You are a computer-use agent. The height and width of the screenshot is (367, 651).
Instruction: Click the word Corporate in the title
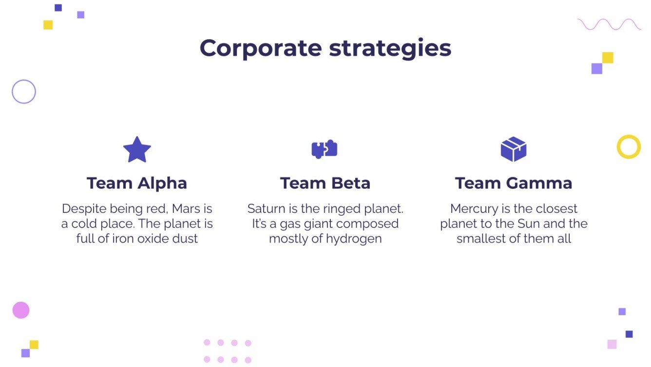[x=261, y=48]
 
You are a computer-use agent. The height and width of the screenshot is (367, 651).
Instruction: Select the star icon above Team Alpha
[x=137, y=149]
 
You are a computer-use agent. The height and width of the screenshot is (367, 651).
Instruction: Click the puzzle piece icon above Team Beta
[x=325, y=149]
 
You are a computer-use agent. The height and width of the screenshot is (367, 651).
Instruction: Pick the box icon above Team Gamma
[x=514, y=149]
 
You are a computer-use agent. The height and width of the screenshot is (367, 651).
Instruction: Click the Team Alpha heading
[x=137, y=183]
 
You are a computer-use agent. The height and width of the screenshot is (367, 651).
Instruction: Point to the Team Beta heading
[x=325, y=183]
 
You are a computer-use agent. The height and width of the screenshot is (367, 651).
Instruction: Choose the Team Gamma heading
[x=514, y=183]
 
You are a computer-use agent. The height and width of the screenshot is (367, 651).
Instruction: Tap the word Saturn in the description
[x=266, y=209]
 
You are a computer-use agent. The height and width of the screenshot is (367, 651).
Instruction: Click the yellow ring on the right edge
[x=629, y=146]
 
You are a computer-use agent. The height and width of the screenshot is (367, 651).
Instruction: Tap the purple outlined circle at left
[x=24, y=92]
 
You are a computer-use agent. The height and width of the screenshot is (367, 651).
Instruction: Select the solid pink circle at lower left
[x=21, y=310]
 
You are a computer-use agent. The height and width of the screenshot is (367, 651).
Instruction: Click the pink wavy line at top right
[x=609, y=24]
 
